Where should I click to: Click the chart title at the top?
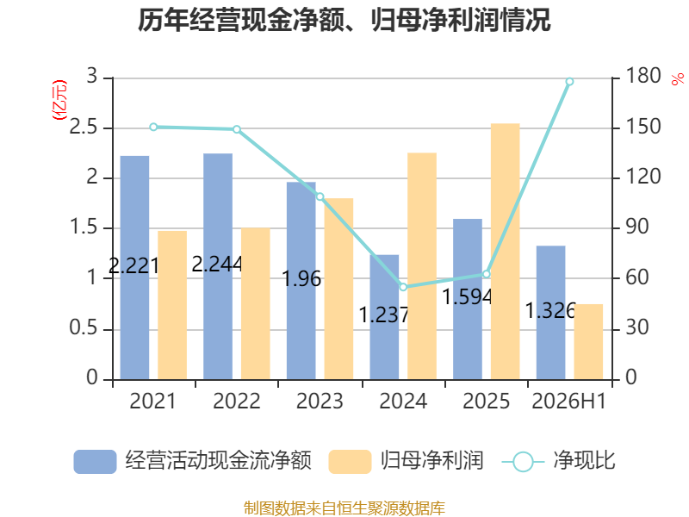(344, 20)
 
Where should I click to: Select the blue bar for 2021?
(134, 268)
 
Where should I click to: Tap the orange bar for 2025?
(506, 252)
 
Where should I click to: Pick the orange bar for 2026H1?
(588, 341)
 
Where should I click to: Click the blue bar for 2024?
(384, 317)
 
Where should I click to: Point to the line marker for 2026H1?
(569, 82)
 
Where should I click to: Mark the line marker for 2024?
(403, 287)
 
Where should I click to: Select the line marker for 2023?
(320, 196)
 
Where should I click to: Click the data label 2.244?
(217, 264)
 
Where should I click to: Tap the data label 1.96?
(301, 278)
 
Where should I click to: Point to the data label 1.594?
(467, 296)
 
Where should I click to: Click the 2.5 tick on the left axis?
(84, 128)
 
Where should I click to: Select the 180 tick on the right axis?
(643, 76)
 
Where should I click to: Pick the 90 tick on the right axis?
(637, 227)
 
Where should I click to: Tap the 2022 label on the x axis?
(236, 401)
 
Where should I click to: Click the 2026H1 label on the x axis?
(569, 401)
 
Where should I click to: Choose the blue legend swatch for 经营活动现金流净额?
(95, 462)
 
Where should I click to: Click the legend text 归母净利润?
(432, 461)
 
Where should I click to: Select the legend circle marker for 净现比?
(523, 462)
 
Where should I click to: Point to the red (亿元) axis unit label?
(59, 100)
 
